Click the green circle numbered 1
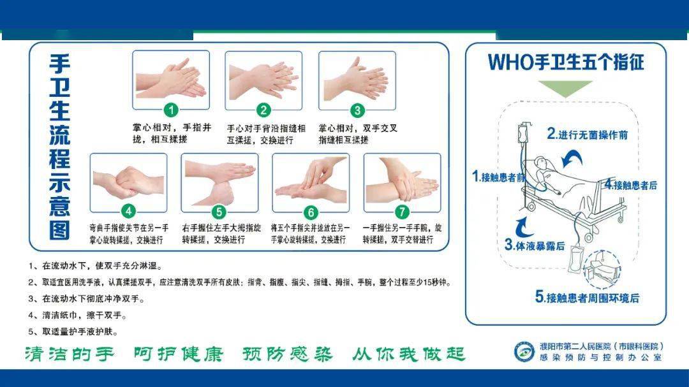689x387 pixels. tap(171, 110)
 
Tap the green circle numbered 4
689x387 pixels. tap(128, 212)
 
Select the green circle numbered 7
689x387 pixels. tap(402, 212)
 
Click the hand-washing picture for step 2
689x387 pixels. tap(263, 81)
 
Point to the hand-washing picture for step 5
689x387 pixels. tap(219, 183)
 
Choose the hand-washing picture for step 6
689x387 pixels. tap(311, 183)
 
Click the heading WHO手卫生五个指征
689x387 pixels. tap(566, 62)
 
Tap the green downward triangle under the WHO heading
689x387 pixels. tap(565, 87)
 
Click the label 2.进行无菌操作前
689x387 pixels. tap(587, 134)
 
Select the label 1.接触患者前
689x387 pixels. tap(499, 177)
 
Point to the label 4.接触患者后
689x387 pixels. tap(631, 184)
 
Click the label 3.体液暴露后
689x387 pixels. tap(535, 245)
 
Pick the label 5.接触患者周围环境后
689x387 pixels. tap(587, 297)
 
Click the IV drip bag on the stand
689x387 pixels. tap(523, 133)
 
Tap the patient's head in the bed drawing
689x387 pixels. tap(542, 164)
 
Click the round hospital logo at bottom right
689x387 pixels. tap(524, 352)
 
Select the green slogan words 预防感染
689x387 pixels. tap(287, 354)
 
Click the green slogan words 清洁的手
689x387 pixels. tap(70, 354)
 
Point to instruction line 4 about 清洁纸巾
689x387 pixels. tap(78, 316)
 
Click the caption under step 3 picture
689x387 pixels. tap(358, 134)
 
